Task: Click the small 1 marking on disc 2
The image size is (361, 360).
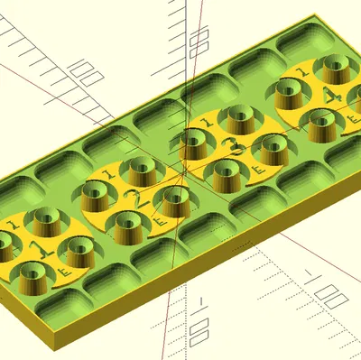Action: [106, 173]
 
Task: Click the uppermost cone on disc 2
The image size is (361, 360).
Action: [141, 169]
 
